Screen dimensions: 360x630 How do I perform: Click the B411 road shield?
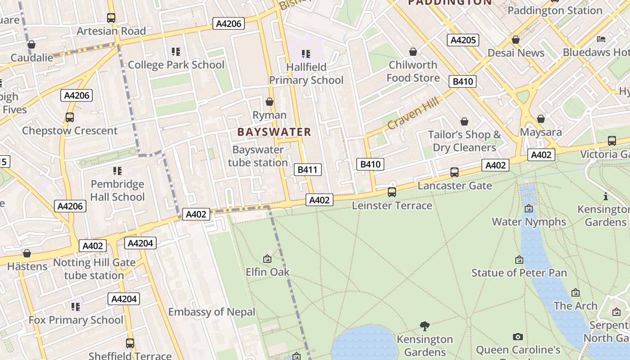308,170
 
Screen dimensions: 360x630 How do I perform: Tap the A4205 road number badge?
463,40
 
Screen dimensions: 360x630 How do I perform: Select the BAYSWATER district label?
274,132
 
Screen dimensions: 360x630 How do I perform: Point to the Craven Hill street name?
413,113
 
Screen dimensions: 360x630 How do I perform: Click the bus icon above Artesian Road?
111,18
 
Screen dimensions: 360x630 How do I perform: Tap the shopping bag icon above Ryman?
270,102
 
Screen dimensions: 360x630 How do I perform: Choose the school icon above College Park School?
176,52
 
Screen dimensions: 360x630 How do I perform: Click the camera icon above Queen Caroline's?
518,337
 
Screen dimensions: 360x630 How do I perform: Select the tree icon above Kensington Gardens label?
424,326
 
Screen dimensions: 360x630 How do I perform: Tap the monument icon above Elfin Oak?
267,259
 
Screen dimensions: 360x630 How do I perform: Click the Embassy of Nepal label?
211,312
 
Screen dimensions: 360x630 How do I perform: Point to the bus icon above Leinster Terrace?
392,192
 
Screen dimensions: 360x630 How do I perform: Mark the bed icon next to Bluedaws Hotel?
601,39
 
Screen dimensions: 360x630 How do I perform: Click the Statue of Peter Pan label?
519,273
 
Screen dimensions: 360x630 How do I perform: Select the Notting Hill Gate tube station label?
94,269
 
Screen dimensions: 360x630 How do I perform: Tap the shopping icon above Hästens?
27,253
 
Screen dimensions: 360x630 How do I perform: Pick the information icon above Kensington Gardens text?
606,196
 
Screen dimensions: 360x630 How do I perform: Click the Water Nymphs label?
529,221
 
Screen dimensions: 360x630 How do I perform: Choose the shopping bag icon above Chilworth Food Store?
413,52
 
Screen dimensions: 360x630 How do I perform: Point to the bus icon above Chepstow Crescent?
70,117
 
